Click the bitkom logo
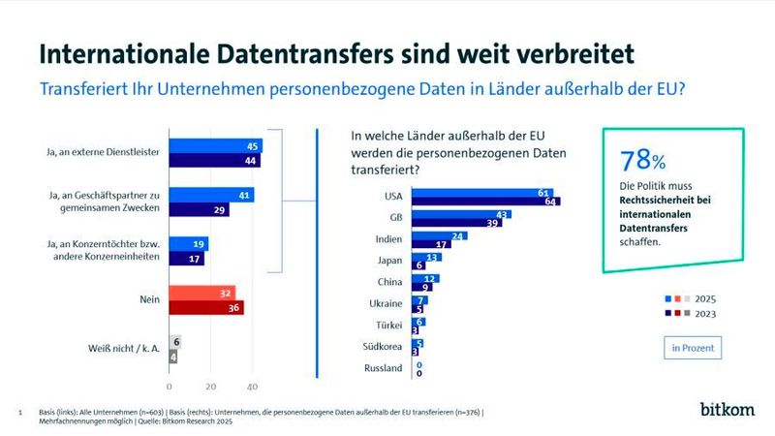[727, 409]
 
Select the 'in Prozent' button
[692, 345]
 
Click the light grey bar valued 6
[176, 342]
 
